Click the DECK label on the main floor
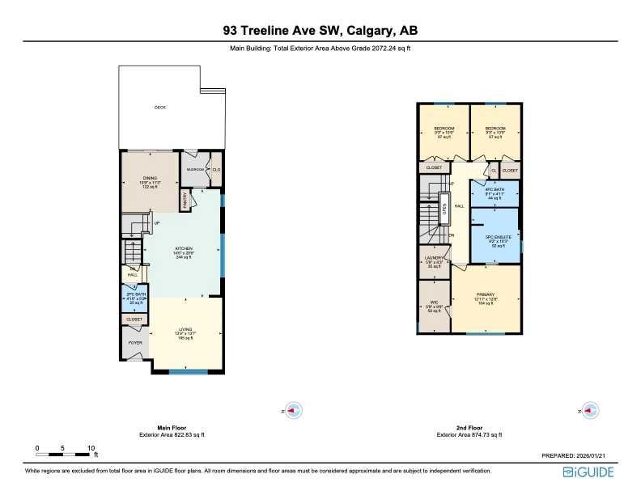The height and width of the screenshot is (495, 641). [x=160, y=108]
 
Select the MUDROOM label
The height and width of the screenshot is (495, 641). [x=195, y=170]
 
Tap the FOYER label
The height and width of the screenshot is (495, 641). [x=134, y=343]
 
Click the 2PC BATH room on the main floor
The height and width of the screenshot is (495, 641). [x=135, y=296]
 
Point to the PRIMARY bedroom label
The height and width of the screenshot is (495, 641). [x=486, y=294]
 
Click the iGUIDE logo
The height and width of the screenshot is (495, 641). [x=588, y=472]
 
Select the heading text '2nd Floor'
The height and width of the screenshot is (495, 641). [x=469, y=427]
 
